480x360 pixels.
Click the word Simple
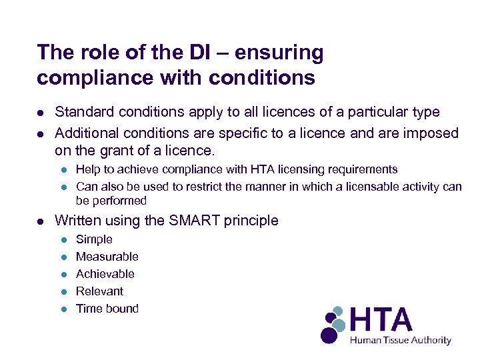94,239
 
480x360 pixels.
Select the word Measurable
107,257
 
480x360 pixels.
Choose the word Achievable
105,274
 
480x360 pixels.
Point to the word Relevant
100,291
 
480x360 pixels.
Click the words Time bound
107,309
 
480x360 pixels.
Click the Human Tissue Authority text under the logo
401,341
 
